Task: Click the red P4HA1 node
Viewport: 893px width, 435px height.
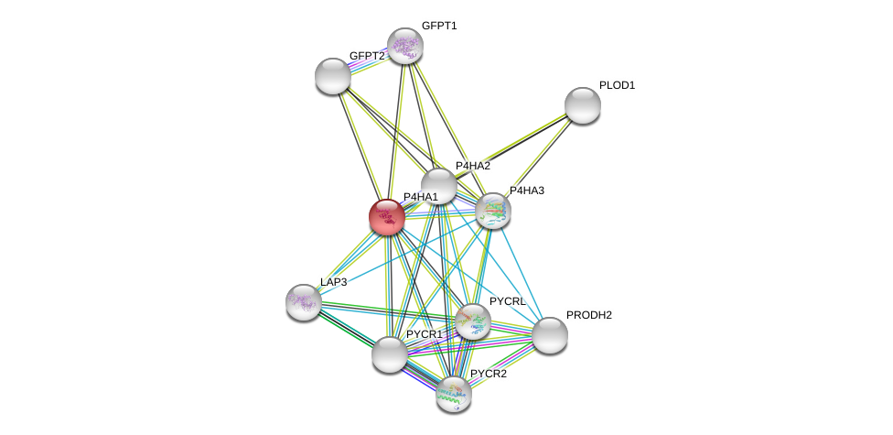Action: click(387, 217)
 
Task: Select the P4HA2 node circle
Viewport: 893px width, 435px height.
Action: click(439, 186)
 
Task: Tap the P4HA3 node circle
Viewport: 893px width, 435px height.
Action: click(493, 211)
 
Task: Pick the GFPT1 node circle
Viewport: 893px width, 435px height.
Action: click(404, 46)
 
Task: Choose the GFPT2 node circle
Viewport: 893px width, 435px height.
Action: click(333, 76)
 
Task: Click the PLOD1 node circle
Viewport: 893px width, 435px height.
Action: click(583, 105)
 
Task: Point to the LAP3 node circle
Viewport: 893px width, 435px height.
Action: click(304, 302)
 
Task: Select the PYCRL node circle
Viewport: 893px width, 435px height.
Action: click(473, 321)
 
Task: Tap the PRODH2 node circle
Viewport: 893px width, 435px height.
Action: click(550, 335)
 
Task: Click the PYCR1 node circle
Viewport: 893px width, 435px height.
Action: click(390, 354)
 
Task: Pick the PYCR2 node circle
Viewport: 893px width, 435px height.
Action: click(453, 394)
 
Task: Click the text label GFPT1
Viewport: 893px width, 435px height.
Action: click(439, 26)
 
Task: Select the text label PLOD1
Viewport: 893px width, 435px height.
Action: click(617, 85)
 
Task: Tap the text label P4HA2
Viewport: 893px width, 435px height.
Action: click(473, 166)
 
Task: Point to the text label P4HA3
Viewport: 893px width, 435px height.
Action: click(527, 190)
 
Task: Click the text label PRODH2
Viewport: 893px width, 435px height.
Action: click(588, 315)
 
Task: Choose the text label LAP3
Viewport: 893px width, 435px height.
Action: click(333, 282)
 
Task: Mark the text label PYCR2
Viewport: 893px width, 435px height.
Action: click(488, 374)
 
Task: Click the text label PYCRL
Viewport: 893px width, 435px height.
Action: click(507, 301)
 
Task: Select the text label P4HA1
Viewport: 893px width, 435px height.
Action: click(421, 197)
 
